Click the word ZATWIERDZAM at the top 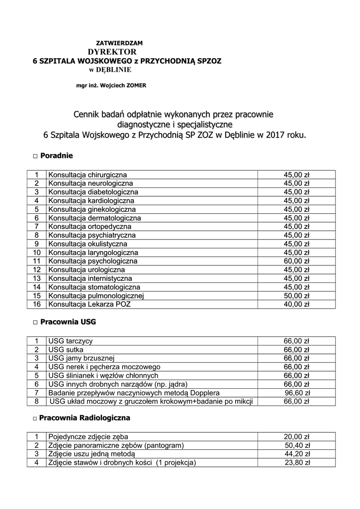pyautogui.click(x=119, y=43)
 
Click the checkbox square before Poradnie pyautogui.click(x=35, y=157)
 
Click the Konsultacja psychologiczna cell pyautogui.click(x=92, y=261)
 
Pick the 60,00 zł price pyautogui.click(x=296, y=261)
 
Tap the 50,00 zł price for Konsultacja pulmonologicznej pyautogui.click(x=296, y=296)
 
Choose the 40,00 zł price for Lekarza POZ pyautogui.click(x=296, y=304)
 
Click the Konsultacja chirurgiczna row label pyautogui.click(x=88, y=175)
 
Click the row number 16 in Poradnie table pyautogui.click(x=36, y=304)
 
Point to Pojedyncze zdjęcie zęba pyautogui.click(x=88, y=437)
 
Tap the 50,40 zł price pyautogui.click(x=297, y=445)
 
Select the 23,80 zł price pyautogui.click(x=297, y=463)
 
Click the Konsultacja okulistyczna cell pyautogui.click(x=88, y=244)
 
